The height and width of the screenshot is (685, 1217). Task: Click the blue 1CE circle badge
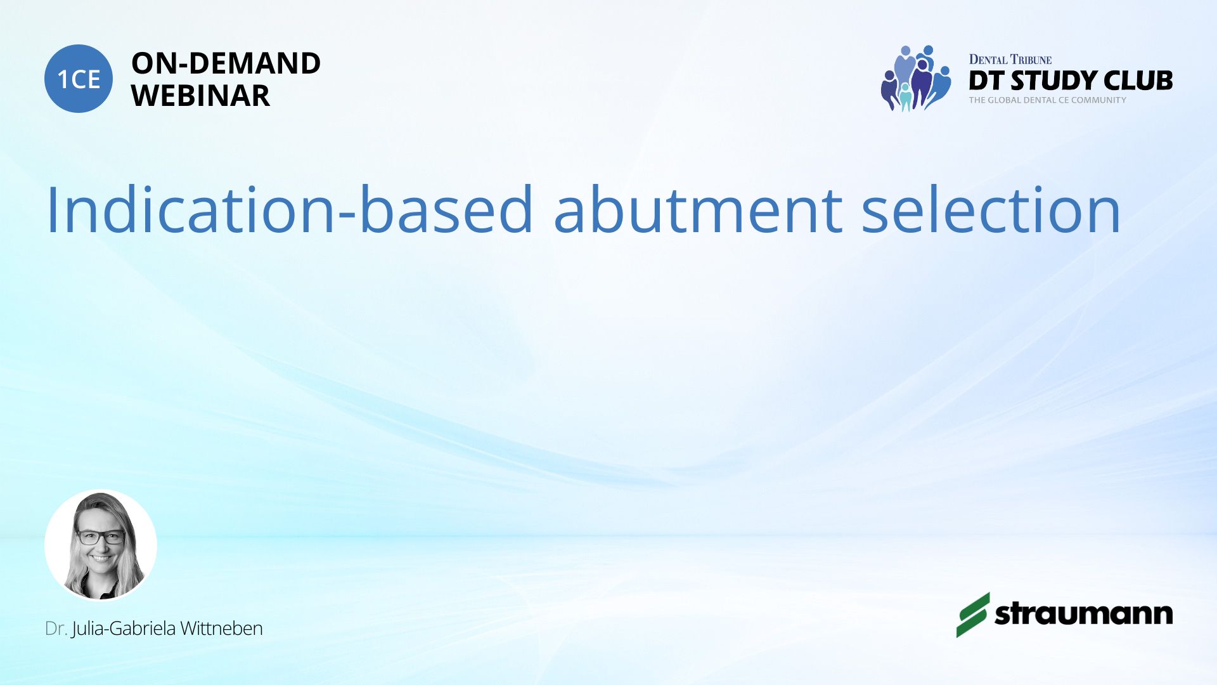point(79,79)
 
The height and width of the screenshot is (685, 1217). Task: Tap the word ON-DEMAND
point(226,63)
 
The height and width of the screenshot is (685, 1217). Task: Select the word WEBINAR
point(200,96)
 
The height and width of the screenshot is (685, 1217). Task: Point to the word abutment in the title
point(698,210)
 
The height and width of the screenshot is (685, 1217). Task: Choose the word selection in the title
point(991,210)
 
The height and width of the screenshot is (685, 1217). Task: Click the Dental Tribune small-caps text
point(1010,60)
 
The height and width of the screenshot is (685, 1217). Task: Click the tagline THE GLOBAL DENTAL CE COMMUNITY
point(1048,100)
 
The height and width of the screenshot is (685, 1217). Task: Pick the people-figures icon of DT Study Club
point(916,78)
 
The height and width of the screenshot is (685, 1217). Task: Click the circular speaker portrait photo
point(101,545)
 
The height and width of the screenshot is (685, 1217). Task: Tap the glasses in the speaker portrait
point(101,537)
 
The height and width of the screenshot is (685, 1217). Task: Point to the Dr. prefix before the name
point(56,629)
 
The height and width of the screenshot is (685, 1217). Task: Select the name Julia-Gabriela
point(124,629)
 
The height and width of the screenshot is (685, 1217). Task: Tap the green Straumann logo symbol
point(973,615)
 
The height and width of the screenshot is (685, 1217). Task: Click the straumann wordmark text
point(1084,614)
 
